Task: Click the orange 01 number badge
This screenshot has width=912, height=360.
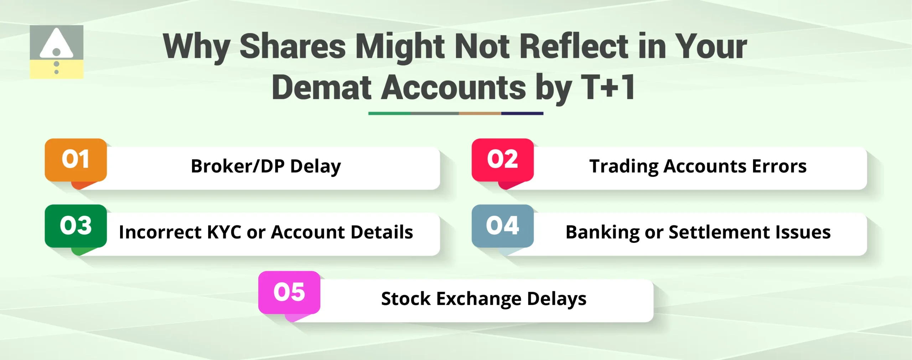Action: point(76,159)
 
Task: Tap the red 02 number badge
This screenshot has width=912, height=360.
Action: point(502,159)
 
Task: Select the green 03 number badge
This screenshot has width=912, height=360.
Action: point(76,226)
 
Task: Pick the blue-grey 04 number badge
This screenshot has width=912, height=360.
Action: point(502,226)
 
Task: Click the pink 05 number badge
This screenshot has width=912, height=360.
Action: point(289,292)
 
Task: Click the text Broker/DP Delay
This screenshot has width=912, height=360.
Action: point(266,166)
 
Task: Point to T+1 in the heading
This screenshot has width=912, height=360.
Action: point(608,87)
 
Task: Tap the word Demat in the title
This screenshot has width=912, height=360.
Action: point(322,87)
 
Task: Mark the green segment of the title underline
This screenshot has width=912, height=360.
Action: point(389,113)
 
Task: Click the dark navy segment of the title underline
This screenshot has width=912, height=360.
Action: point(522,113)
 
